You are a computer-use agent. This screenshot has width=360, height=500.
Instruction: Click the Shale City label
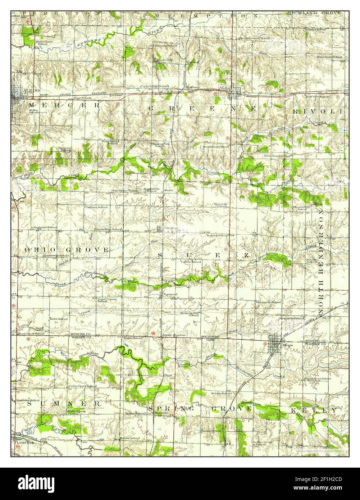click(x=164, y=60)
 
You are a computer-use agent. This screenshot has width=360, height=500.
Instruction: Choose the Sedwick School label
click(x=217, y=235)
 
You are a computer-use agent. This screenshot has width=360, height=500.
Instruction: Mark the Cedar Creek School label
click(x=82, y=386)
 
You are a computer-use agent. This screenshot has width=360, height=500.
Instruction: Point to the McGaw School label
click(x=130, y=438)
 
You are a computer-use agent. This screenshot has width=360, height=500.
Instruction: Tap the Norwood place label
click(x=170, y=295)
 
